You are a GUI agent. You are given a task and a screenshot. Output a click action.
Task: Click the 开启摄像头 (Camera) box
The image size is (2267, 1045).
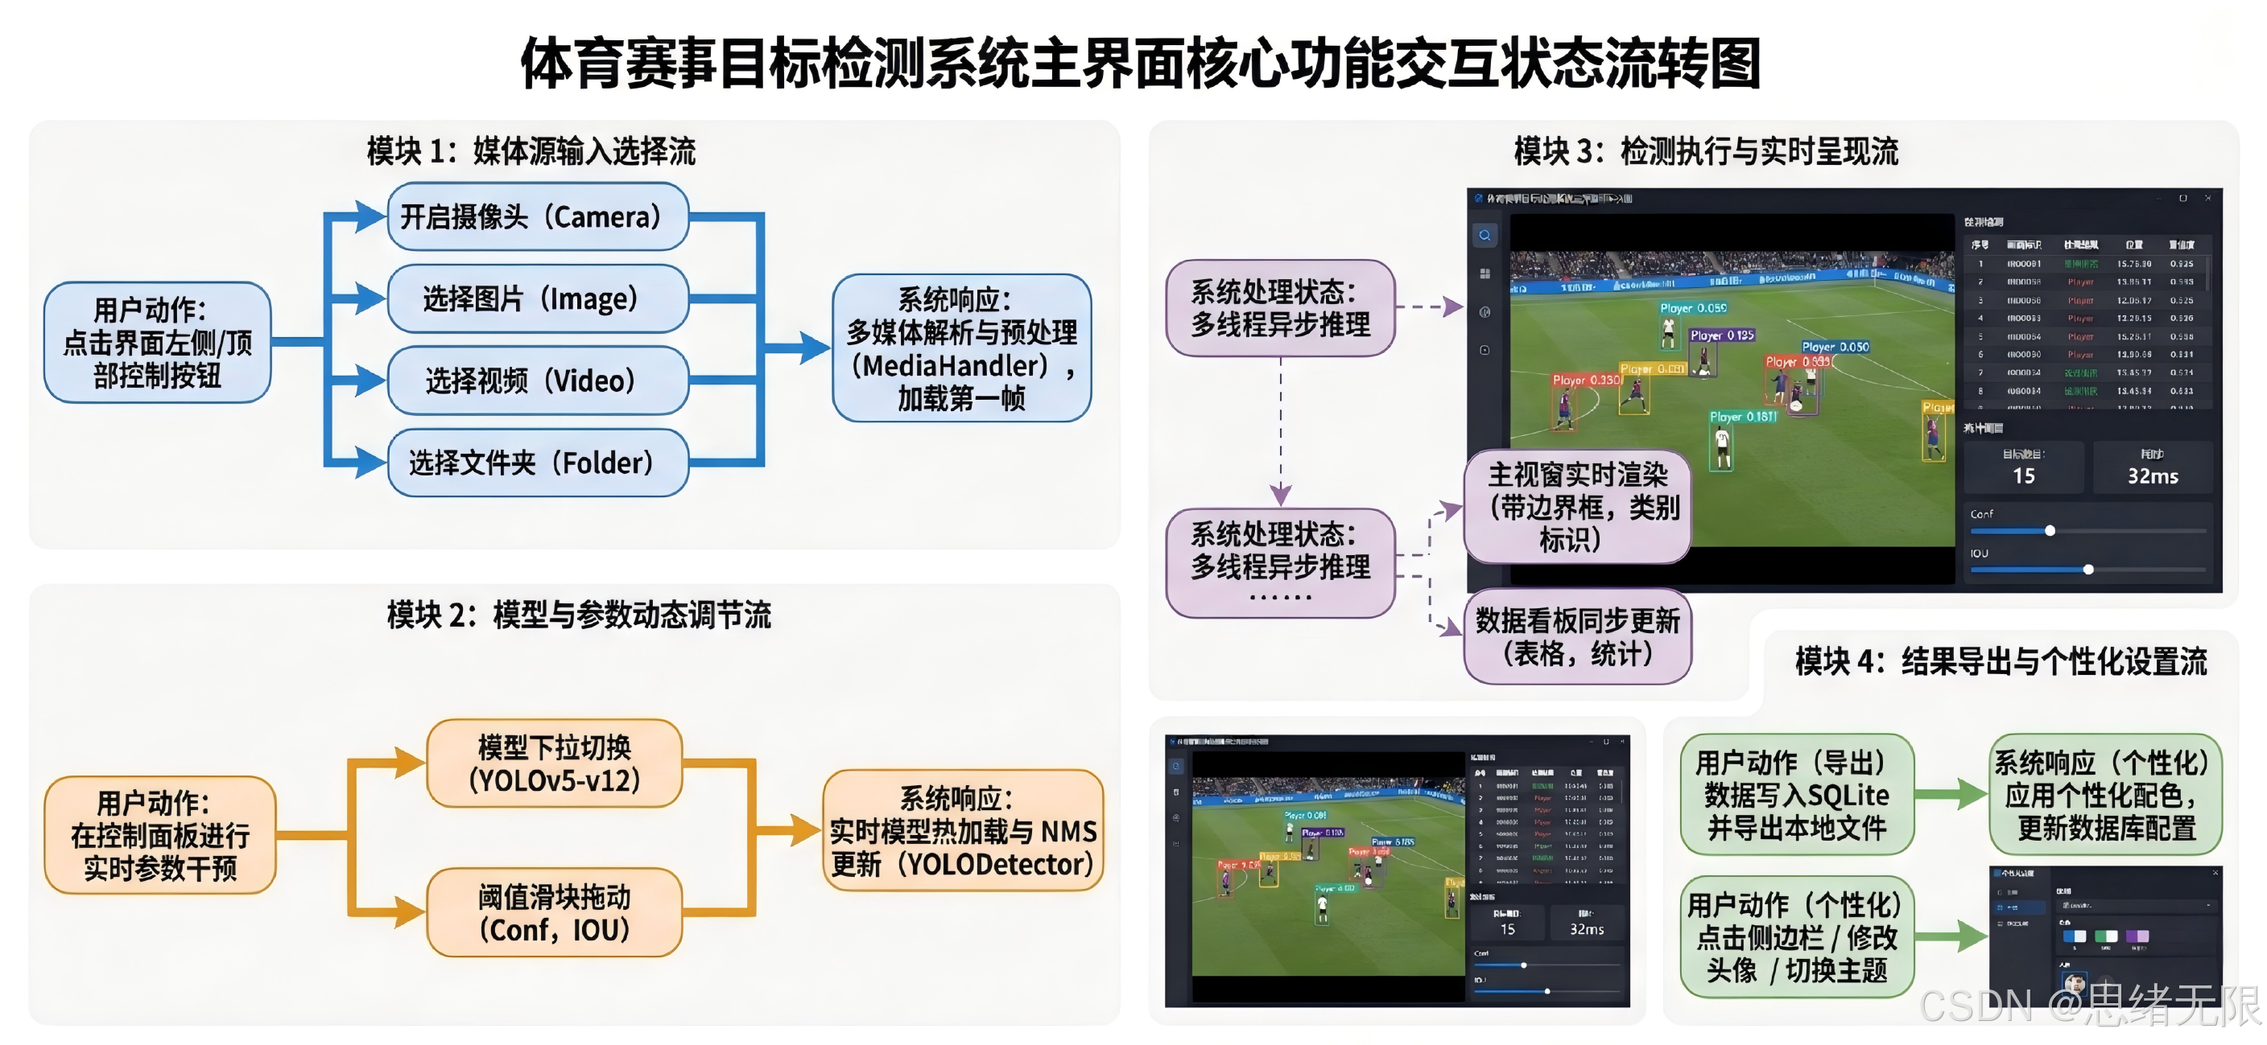[x=537, y=216]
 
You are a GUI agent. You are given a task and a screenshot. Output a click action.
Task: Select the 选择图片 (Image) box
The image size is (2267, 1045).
[x=537, y=298]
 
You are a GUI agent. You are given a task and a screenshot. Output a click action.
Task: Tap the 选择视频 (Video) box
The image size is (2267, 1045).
[x=537, y=380]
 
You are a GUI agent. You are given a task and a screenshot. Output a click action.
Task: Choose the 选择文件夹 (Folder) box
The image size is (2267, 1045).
[x=537, y=462]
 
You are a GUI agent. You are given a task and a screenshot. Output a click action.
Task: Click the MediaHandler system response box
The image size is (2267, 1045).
[x=961, y=348]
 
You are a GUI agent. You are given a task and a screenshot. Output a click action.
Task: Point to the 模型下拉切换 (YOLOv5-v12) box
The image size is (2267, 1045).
[x=555, y=763]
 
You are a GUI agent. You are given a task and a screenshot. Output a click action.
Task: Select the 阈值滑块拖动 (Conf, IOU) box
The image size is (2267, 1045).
[x=555, y=913]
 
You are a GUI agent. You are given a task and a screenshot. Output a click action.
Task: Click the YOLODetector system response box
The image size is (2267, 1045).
[x=962, y=831]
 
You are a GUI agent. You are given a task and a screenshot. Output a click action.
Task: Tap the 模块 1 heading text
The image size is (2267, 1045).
[x=531, y=151]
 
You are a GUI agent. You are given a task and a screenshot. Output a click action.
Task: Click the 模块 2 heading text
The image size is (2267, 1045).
[x=578, y=615]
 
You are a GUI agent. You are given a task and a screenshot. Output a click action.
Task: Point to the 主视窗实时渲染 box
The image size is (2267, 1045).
[x=1577, y=508]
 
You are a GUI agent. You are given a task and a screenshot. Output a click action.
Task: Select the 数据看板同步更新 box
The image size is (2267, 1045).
[x=1577, y=637]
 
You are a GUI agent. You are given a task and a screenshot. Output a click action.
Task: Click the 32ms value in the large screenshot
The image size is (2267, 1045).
[x=2153, y=476]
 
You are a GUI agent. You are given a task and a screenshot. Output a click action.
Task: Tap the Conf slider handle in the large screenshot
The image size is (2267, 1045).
[x=2050, y=530]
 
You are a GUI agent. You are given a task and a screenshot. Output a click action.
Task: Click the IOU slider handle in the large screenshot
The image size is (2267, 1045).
[x=2087, y=569]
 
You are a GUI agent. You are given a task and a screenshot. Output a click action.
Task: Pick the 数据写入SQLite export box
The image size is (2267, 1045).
[x=1796, y=794]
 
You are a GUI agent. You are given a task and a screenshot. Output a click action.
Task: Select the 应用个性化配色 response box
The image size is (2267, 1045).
[x=2105, y=794]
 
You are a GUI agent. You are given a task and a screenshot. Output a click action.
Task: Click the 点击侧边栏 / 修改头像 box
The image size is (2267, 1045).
[x=1796, y=938]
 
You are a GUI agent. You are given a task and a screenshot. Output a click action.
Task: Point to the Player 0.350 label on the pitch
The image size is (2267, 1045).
[x=1586, y=380]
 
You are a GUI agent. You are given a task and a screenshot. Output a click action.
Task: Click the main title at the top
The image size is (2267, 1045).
[x=1141, y=64]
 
